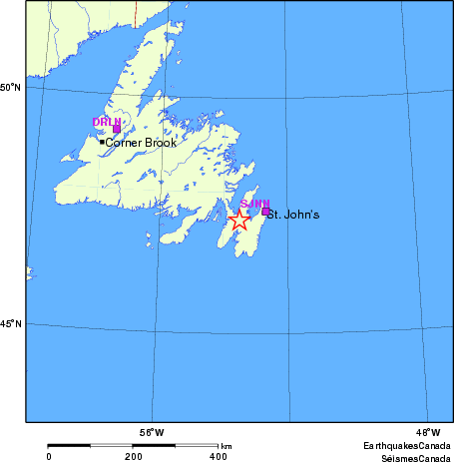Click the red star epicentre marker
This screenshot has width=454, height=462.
(x=239, y=221)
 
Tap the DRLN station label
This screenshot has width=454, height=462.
(x=106, y=122)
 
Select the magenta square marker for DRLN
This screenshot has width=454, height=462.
(x=117, y=129)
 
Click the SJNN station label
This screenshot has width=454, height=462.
(x=255, y=204)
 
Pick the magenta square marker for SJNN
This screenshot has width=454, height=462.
(x=265, y=211)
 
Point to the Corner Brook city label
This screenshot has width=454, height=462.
(x=141, y=143)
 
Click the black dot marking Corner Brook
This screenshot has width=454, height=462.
(x=102, y=142)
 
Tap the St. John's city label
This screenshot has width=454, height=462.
(x=294, y=214)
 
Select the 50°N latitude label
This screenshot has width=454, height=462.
(x=10, y=88)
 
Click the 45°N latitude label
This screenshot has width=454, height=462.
(x=10, y=324)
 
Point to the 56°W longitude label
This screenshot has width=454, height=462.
(x=152, y=432)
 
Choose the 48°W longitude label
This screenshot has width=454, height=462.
(x=427, y=432)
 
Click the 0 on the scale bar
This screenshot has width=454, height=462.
(x=49, y=456)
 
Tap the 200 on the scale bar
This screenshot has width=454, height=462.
(x=133, y=456)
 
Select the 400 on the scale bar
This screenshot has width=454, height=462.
(x=218, y=456)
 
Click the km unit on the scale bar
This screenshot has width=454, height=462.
(x=227, y=446)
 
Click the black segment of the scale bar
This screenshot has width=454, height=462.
(x=91, y=444)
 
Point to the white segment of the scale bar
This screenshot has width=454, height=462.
(x=176, y=444)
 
